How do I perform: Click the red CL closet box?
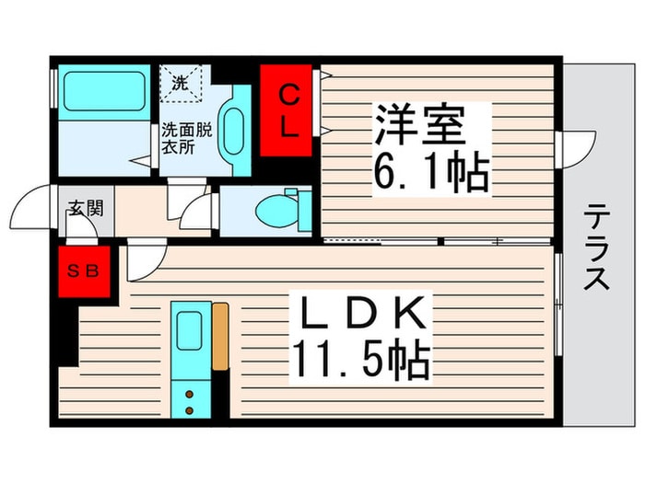click(x=288, y=109)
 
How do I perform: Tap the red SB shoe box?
click(x=85, y=272)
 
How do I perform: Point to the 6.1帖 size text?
click(x=430, y=172)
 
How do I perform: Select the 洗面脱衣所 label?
click(x=187, y=138)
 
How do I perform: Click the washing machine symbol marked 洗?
click(x=181, y=82)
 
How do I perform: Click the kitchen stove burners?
click(x=190, y=401)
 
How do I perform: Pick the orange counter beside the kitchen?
click(x=219, y=337)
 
